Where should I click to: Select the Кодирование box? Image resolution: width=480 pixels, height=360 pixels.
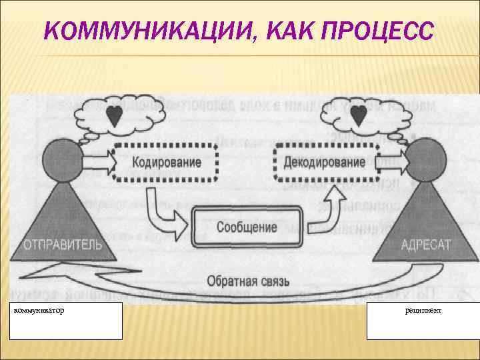166,163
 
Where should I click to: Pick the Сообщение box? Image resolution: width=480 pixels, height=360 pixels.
246,227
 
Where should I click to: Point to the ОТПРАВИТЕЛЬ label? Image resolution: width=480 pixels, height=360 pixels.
63,245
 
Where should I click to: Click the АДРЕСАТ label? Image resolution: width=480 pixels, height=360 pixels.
425,245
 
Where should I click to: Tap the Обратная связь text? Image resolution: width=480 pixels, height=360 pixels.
247,282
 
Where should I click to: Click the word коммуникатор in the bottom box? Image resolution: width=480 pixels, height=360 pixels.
41,311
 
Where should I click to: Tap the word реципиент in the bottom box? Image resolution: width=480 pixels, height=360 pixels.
423,311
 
